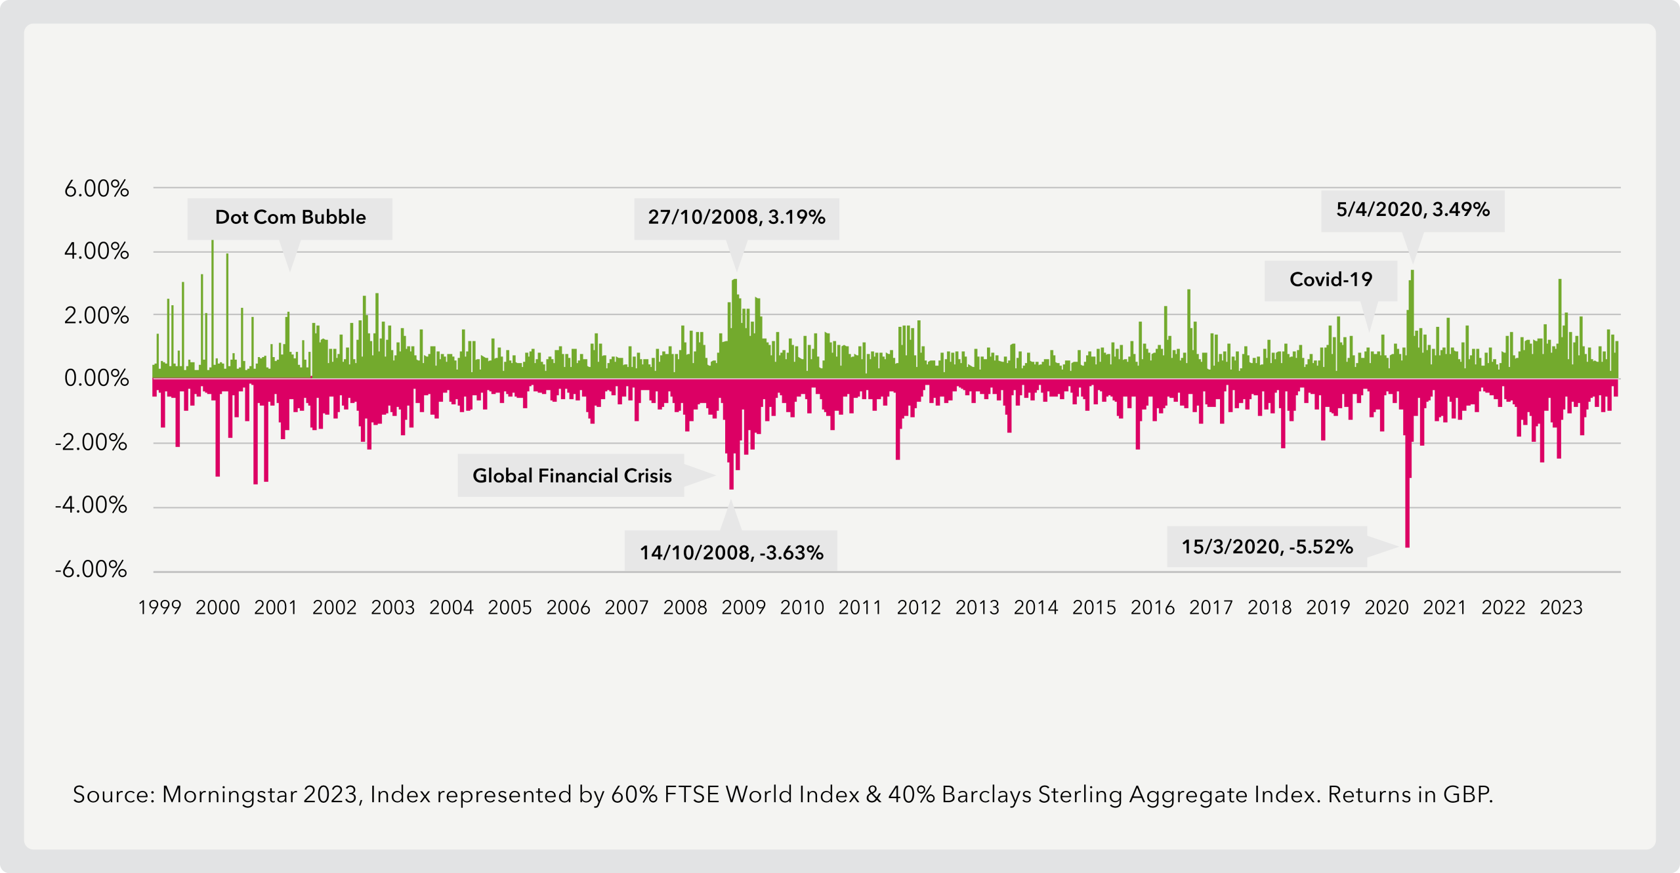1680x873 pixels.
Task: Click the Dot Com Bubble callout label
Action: [290, 217]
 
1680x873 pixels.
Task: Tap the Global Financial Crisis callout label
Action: [572, 476]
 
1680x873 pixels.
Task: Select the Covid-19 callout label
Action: [1331, 280]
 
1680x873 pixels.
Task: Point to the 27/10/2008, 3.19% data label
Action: [736, 217]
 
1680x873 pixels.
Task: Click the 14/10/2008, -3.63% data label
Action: [731, 553]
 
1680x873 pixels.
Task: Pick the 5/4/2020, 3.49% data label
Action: [1412, 210]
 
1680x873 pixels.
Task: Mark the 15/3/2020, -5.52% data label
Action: [1267, 547]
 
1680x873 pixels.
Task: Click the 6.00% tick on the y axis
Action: [96, 189]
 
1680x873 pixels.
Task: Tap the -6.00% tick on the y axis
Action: [91, 569]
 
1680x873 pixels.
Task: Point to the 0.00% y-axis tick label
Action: [96, 378]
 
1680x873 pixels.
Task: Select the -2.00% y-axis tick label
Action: [91, 442]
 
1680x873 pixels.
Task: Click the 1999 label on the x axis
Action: [159, 608]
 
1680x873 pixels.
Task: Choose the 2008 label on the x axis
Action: [685, 608]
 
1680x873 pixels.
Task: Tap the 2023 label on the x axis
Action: [1561, 608]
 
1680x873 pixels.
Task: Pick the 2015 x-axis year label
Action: [1094, 608]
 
